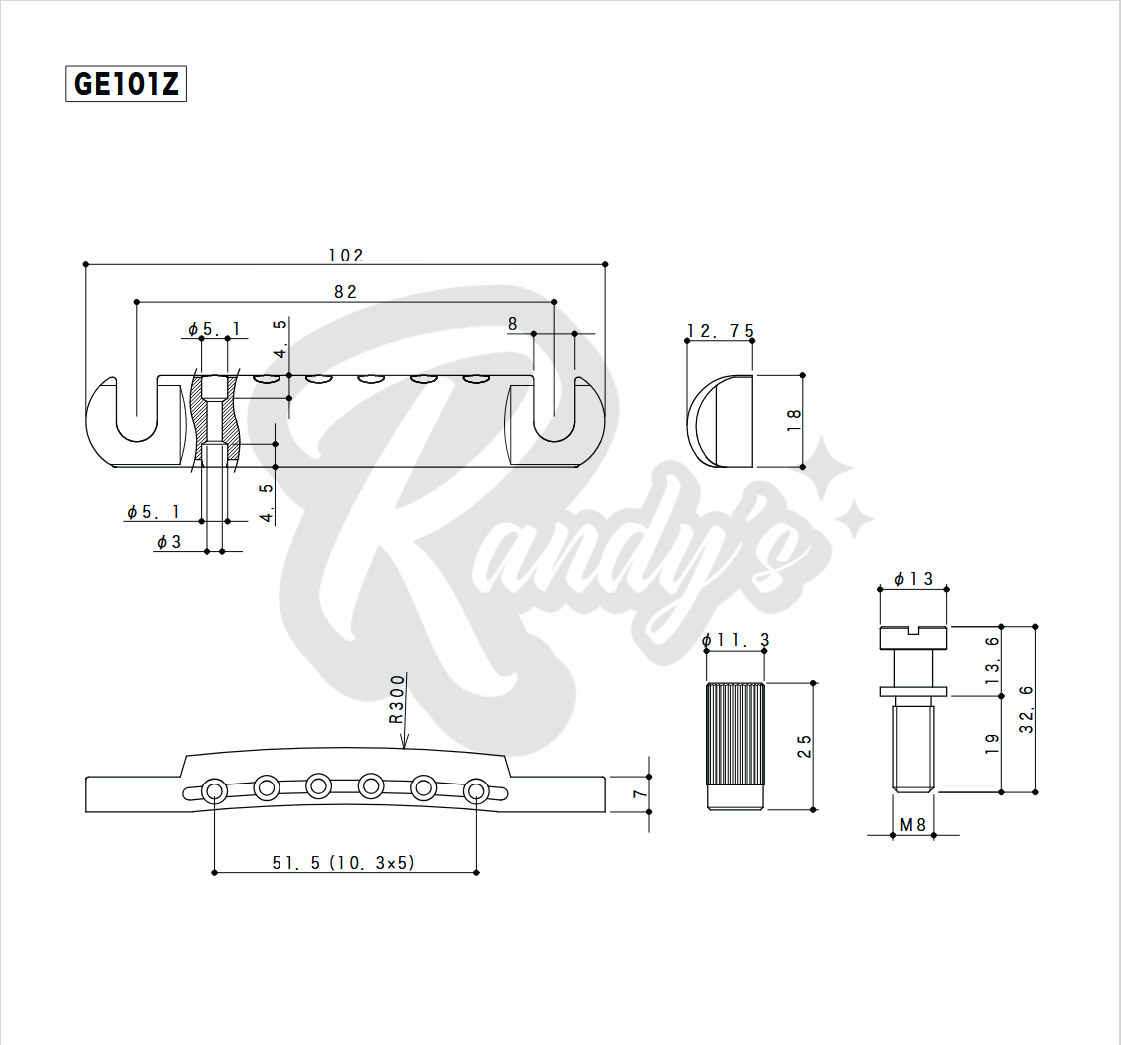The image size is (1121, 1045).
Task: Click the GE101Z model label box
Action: [126, 84]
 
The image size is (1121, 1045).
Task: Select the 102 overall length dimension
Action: [346, 256]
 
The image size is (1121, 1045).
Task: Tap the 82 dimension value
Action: [345, 292]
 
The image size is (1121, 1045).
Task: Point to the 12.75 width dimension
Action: [720, 331]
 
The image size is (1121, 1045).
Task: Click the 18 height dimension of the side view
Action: [795, 420]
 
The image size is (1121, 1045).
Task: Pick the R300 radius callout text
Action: [397, 699]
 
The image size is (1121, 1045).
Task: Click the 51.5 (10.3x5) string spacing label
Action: [342, 863]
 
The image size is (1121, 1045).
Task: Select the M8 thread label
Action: [913, 825]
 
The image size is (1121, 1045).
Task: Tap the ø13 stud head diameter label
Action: [913, 579]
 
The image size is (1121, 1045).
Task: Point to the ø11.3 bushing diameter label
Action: [736, 640]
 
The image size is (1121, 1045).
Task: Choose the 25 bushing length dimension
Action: [805, 746]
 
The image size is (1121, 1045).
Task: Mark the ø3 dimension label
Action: [169, 542]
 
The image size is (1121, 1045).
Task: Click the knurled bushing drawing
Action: [736, 746]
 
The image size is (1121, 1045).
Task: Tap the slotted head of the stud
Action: [913, 635]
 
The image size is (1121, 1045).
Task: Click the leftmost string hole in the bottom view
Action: [214, 792]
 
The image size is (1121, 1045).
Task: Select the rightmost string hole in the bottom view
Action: [476, 792]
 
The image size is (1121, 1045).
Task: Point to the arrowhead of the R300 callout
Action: [404, 743]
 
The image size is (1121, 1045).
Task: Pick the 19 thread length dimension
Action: [992, 744]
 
